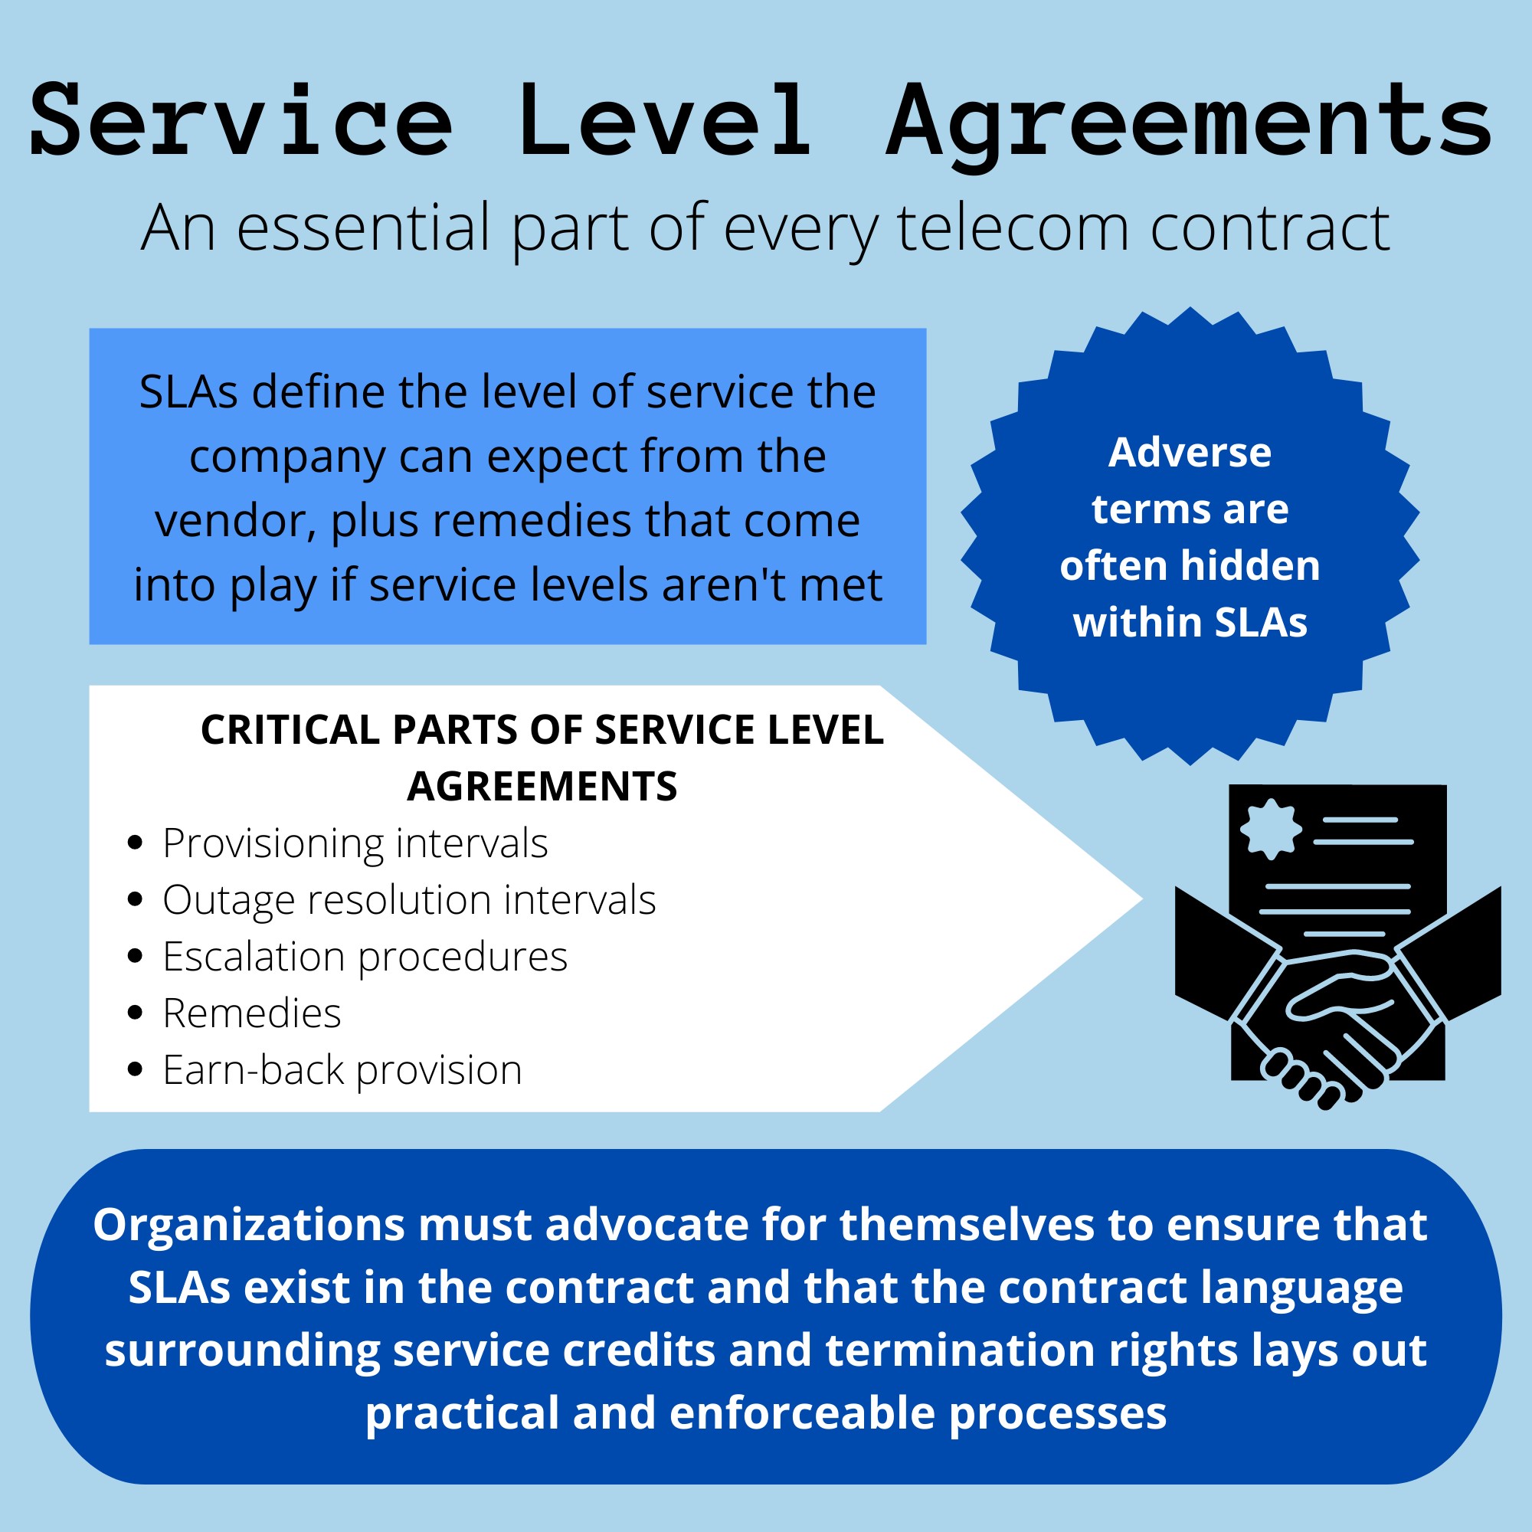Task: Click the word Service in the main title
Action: pos(241,120)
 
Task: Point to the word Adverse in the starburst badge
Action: pos(1190,453)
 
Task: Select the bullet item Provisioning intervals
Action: pos(355,843)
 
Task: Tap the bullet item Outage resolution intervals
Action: pos(409,900)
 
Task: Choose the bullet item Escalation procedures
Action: pos(365,957)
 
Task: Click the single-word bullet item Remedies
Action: pos(252,1013)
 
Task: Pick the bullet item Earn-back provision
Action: pos(342,1071)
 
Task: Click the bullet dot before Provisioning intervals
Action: pos(135,843)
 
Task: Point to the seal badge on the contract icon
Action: pos(1271,830)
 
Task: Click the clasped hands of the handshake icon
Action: pos(1336,1023)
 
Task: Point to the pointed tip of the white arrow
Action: pos(1143,899)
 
